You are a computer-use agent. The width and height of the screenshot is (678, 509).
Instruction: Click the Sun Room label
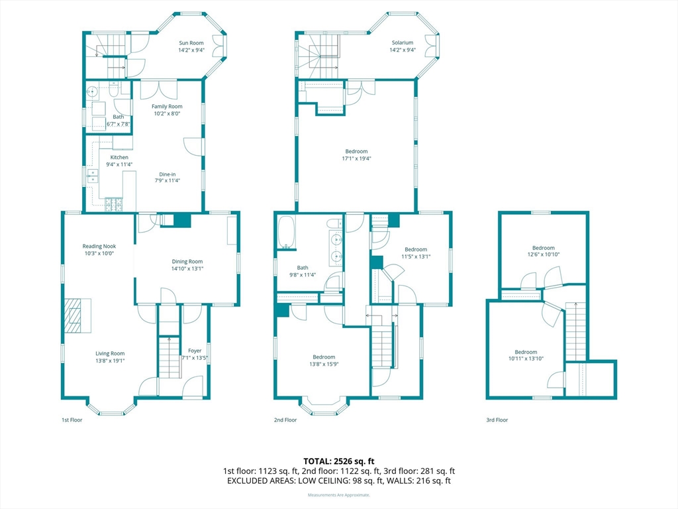191,43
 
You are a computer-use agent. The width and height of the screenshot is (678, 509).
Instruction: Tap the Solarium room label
403,42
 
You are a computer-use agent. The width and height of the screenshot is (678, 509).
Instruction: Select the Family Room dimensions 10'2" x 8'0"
167,113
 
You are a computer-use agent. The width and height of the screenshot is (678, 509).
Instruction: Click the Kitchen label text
119,157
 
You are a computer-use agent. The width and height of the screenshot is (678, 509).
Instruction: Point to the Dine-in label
168,174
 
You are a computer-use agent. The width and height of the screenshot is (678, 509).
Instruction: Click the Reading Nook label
99,247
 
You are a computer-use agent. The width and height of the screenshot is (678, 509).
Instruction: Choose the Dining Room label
187,261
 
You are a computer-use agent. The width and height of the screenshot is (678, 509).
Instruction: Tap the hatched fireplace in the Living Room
73,315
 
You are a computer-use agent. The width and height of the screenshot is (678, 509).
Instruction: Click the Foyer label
195,351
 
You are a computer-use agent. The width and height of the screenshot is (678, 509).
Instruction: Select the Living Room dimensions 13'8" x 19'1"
110,361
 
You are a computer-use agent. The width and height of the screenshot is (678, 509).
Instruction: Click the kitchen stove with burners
114,204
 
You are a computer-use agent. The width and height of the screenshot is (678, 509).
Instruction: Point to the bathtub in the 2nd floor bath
286,232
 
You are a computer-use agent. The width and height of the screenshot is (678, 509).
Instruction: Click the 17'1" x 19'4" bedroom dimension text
356,158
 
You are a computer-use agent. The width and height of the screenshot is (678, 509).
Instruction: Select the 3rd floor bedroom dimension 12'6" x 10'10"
543,254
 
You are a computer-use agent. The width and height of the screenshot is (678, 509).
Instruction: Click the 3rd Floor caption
497,420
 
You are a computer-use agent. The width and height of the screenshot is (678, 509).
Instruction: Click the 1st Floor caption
72,420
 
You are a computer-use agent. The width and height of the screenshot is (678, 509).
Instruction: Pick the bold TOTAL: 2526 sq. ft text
338,461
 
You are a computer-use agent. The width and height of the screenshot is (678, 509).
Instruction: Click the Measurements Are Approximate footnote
338,494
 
